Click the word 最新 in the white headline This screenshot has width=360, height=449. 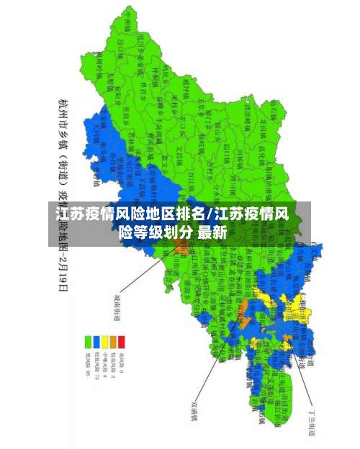tap(212, 232)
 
